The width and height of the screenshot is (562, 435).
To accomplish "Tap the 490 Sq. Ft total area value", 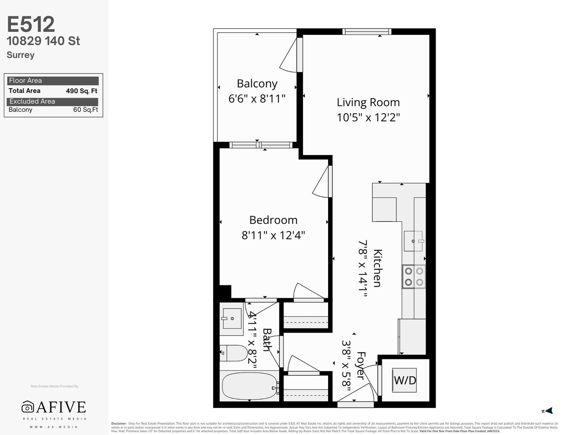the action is [81, 91].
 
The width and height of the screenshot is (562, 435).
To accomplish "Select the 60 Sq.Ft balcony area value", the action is [86, 110].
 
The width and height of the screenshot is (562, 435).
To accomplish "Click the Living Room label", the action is [368, 102].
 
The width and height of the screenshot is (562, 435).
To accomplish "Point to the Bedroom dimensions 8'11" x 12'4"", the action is [273, 235].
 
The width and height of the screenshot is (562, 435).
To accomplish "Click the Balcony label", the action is [257, 84].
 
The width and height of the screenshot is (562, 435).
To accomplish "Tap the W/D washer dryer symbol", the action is [404, 380].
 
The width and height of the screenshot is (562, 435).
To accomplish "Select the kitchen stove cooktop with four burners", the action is [414, 277].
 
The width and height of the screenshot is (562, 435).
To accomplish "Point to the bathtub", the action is [249, 386].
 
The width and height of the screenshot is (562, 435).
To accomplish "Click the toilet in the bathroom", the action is [234, 353].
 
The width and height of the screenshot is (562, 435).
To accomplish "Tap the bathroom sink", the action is [232, 319].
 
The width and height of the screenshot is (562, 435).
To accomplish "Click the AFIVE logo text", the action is [61, 407].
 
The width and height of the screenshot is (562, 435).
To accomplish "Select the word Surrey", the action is [21, 55].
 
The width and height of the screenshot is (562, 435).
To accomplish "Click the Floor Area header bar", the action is [53, 81].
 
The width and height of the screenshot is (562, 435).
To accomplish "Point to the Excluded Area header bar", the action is [52, 102].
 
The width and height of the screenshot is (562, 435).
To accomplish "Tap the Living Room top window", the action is [367, 31].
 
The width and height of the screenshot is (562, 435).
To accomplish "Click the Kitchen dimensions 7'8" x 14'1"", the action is [363, 268].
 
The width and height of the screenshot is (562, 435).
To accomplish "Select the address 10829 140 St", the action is [43, 41].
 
